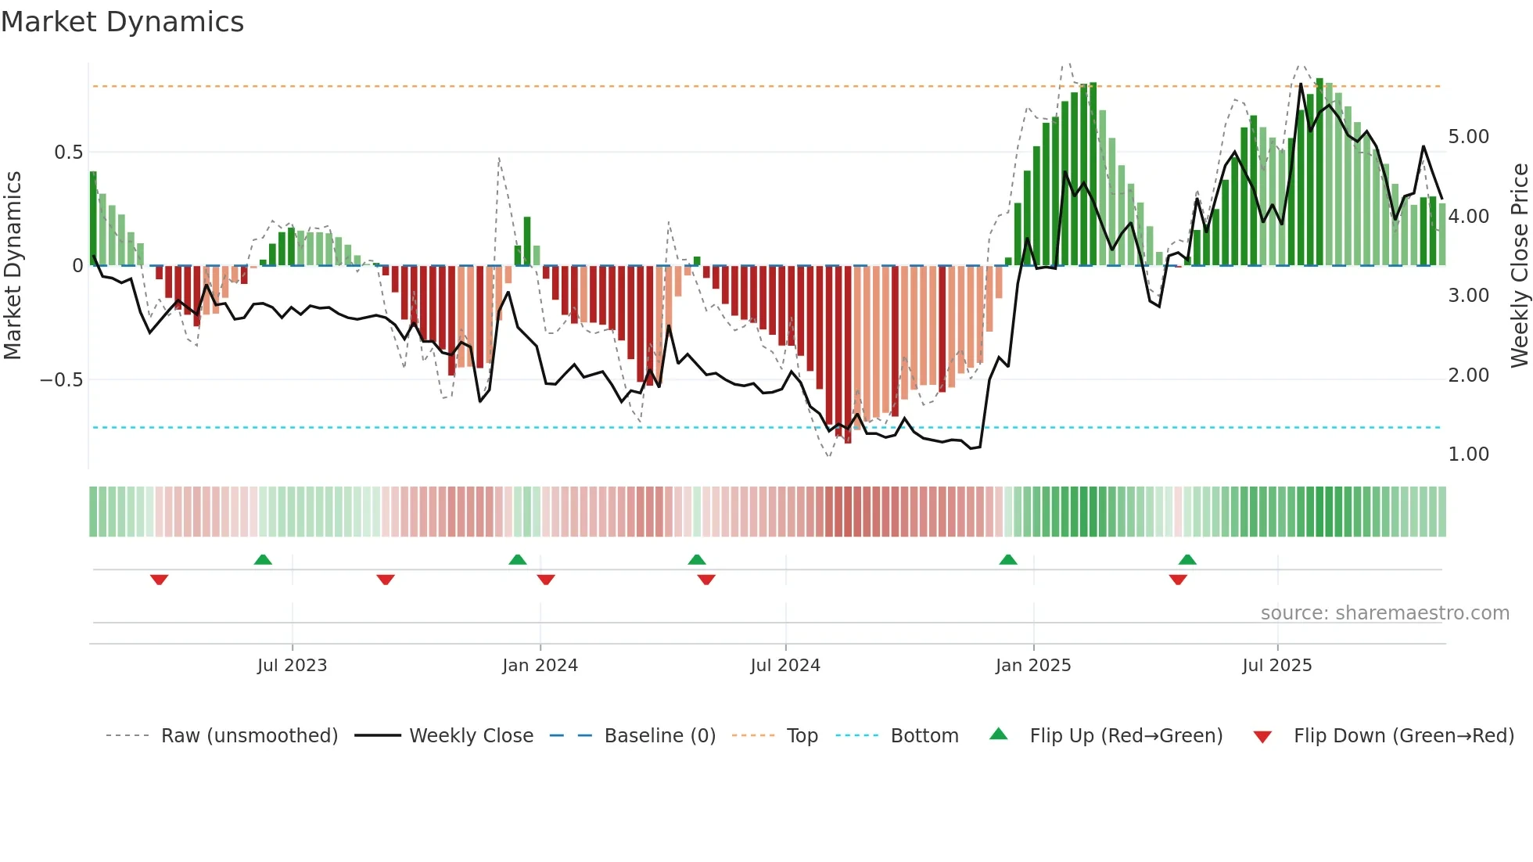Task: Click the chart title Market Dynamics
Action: pos(123,22)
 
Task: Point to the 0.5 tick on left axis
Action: pos(68,153)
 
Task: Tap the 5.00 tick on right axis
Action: pos(1468,137)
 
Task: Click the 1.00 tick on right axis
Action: pos(1468,454)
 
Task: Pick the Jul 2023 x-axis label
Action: pos(292,666)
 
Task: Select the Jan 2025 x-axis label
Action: pos(1032,666)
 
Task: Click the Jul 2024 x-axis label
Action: pos(784,666)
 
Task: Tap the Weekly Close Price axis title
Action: pos(1519,266)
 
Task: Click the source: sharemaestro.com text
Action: pos(1384,613)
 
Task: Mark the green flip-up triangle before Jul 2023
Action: pos(263,559)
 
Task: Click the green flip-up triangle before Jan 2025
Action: pos(1008,559)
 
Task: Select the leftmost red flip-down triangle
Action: pos(159,580)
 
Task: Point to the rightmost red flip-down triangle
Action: pos(1178,580)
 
